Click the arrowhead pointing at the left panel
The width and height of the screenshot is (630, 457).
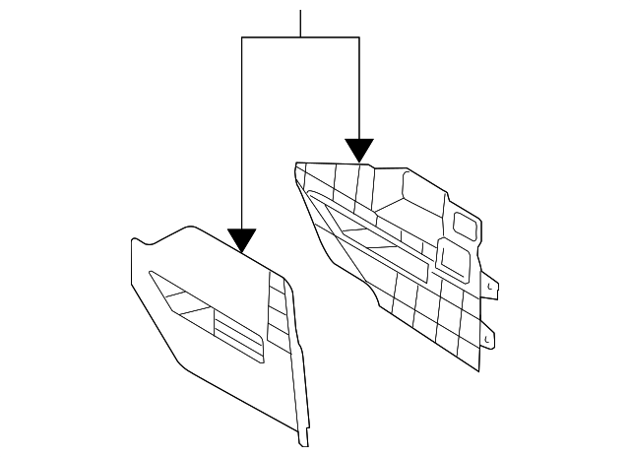(241, 239)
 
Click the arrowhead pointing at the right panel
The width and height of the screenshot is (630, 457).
(359, 150)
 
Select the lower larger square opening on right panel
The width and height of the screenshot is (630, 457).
(455, 258)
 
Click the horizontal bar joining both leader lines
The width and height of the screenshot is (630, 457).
(300, 37)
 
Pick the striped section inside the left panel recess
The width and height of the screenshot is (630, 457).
(236, 334)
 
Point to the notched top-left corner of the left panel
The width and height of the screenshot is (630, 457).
(137, 240)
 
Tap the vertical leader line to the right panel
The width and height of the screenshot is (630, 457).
(359, 89)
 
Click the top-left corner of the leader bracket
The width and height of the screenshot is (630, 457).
(241, 37)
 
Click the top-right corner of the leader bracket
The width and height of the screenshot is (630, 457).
(359, 37)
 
